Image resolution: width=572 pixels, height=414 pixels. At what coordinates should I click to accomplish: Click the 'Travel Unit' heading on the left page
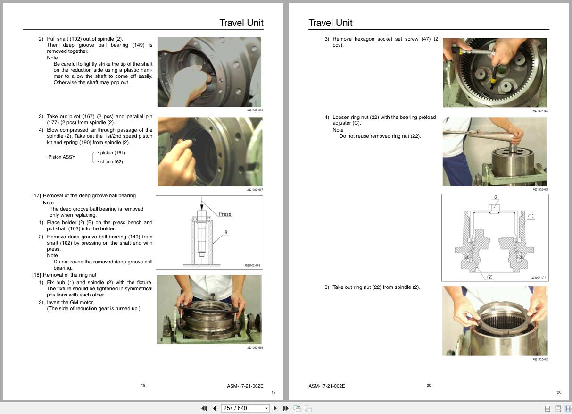241,23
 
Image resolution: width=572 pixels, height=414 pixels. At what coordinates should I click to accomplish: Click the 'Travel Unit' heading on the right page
330,23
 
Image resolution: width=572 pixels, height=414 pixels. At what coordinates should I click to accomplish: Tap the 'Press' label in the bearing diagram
225,214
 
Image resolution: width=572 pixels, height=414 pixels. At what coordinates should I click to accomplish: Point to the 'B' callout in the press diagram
226,232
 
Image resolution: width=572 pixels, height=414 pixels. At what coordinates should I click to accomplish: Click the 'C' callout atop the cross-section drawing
495,197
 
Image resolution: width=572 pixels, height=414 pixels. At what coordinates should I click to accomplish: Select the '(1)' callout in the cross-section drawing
531,216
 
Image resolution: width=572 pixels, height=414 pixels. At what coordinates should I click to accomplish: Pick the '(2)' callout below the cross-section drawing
489,277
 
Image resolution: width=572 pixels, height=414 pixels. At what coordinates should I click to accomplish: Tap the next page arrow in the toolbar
275,408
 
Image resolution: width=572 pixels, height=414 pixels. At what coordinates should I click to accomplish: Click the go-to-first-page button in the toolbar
204,408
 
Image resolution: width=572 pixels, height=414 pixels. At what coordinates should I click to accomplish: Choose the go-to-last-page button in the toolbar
286,408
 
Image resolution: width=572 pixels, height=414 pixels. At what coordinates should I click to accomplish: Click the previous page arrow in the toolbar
215,408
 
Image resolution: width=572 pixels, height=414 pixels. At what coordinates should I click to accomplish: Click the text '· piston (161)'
111,153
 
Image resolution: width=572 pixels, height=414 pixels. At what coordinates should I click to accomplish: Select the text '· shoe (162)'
110,162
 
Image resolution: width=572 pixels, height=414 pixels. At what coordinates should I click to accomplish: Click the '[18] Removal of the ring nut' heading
64,275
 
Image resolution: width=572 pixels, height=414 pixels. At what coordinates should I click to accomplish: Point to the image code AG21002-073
540,360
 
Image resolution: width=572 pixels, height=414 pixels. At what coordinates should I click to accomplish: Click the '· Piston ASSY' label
60,157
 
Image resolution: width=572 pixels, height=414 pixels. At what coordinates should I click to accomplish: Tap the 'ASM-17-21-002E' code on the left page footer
245,386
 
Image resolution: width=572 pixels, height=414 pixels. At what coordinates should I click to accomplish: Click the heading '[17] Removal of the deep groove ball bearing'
84,195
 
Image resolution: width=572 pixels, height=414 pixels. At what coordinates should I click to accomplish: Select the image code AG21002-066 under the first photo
255,110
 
